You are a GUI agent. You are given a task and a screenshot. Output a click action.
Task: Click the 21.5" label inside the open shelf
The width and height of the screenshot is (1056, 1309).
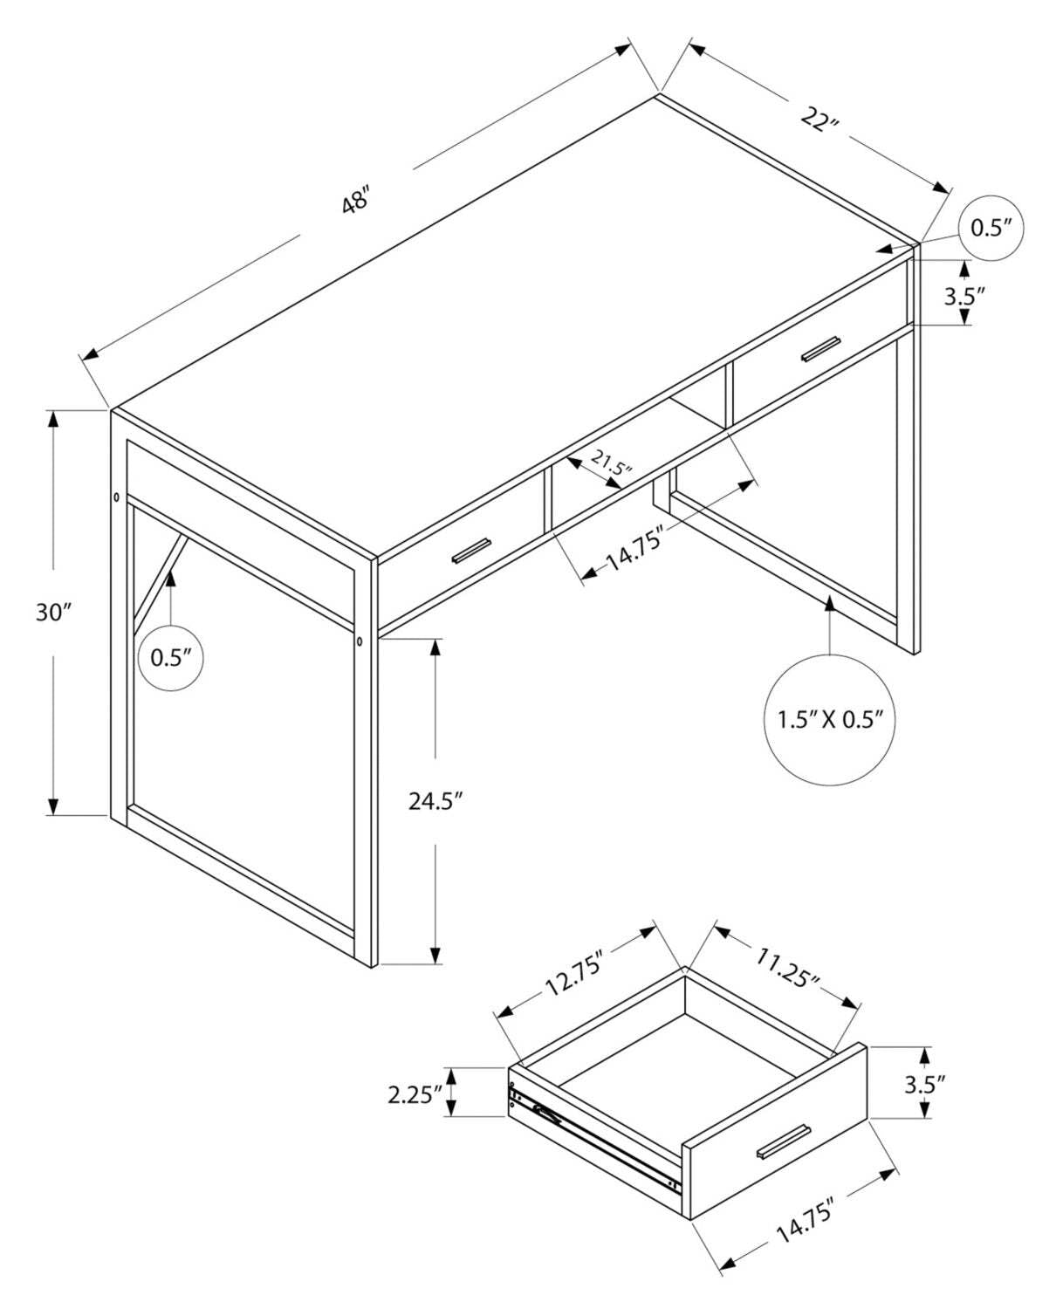point(610,463)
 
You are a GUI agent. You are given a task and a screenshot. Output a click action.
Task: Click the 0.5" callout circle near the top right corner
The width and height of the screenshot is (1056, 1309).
point(991,229)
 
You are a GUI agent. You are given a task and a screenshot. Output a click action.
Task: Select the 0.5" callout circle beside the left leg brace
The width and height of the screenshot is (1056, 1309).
point(171,658)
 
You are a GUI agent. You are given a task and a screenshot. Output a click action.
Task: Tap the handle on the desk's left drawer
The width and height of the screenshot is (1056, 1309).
point(471,551)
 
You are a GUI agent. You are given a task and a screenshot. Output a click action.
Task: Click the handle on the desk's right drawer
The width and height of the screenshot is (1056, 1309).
point(821,347)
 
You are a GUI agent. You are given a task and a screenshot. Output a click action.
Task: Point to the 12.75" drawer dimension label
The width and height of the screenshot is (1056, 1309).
point(575,976)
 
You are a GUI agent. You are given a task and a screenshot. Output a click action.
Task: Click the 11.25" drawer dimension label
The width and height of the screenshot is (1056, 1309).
point(786,969)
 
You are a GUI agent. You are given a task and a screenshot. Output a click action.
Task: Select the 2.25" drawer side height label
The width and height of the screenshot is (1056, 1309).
point(415,1093)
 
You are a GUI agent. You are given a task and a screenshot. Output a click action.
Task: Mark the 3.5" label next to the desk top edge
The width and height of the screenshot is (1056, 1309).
point(963,295)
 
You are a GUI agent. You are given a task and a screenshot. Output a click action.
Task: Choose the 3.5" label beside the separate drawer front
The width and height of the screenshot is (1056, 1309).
point(924,1085)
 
